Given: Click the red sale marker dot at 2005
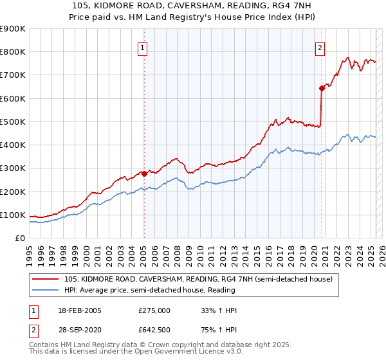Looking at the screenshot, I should pos(144,174).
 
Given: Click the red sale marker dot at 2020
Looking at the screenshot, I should pos(322,89).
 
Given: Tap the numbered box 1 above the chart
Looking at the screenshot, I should pos(142,47).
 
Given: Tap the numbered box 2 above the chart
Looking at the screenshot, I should pos(320,47).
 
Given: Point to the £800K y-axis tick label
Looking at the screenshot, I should pos(12,52).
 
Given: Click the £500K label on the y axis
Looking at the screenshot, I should pos(12,122).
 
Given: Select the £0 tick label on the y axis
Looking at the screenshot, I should pos(19,238).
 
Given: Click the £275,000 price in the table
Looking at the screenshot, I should pos(154,310).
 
